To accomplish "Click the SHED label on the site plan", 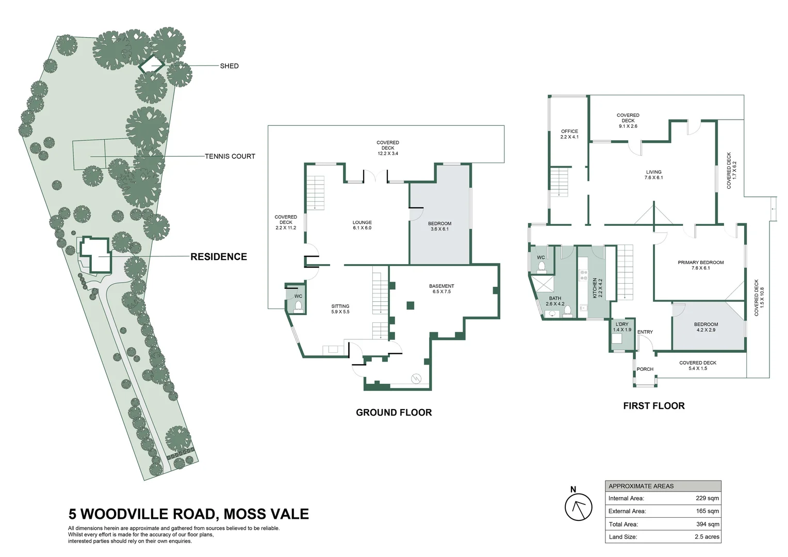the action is [229, 66].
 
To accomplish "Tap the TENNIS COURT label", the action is [230, 156].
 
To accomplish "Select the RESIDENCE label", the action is [219, 256].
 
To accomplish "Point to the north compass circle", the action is [578, 507].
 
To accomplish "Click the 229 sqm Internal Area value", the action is [707, 498].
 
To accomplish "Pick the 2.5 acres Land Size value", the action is [707, 537].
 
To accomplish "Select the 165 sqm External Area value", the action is [707, 511].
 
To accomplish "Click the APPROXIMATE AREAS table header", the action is [641, 486].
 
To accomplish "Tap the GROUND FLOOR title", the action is [393, 413].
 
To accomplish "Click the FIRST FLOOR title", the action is [654, 406].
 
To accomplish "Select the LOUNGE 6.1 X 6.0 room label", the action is [362, 225].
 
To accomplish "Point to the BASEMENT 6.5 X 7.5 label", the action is [441, 288].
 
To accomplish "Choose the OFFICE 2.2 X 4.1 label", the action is [569, 134].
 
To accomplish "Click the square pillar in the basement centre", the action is [410, 305].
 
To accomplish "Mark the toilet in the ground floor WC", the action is [299, 307].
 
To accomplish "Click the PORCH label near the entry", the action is [645, 369].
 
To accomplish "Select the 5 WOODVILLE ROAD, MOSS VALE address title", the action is [189, 514].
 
